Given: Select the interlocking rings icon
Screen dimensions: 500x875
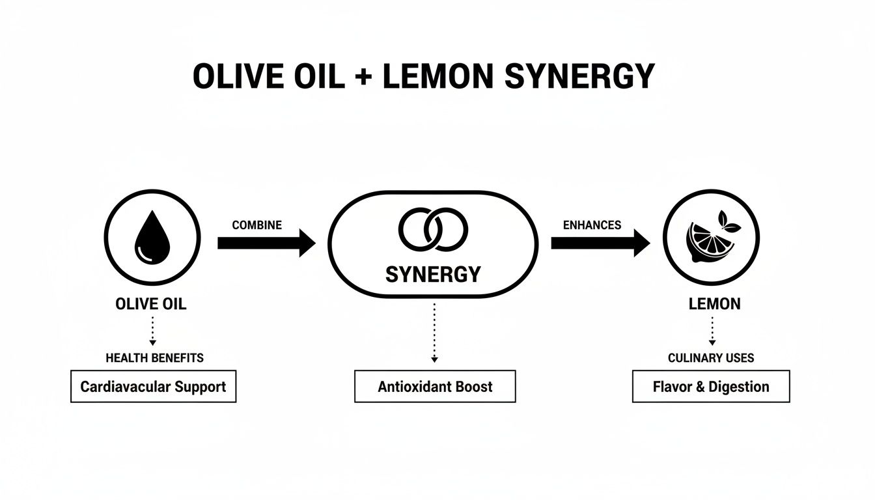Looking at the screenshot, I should pos(433,230).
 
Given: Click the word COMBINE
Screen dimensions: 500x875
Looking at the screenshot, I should pos(257,225).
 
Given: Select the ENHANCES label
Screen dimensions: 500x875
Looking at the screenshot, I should pos(592,225).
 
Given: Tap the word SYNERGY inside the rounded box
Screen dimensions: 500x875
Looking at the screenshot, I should pos(433,274).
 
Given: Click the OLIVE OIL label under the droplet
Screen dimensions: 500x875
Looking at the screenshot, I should pos(150,304).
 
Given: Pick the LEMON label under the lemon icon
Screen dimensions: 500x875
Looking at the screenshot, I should pos(714,304).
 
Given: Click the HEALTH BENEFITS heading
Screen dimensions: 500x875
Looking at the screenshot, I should pos(154,357).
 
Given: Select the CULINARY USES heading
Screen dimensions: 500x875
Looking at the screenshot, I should pos(711,357).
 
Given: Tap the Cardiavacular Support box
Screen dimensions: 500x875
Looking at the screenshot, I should pos(153,387).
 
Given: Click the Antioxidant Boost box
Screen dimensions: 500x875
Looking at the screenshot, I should pos(435,387).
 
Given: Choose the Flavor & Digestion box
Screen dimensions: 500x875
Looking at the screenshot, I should pos(711,387).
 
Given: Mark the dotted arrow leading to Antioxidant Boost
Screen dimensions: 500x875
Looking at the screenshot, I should pos(434,332).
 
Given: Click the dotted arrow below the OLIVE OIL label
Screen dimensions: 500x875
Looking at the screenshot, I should pos(152,330).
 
